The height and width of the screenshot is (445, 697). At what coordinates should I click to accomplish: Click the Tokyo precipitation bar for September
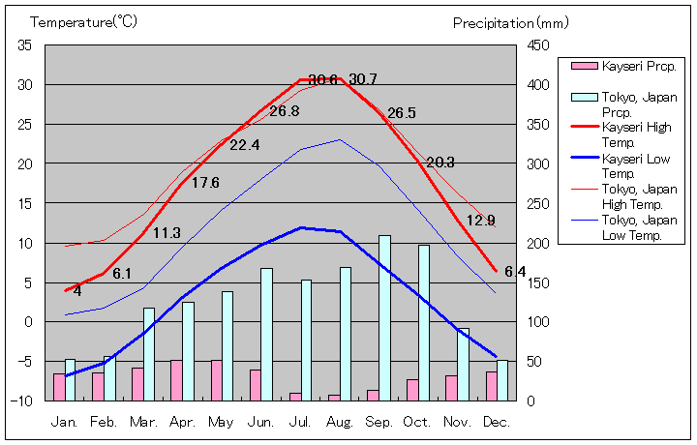coord(384,317)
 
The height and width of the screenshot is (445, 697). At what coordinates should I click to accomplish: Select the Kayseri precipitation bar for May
coord(216,380)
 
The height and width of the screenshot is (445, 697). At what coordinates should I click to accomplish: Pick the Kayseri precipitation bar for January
coord(59,387)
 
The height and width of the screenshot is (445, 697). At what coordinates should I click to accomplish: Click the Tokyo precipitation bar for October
coord(424,322)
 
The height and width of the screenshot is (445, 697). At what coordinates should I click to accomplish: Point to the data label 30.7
coord(363,79)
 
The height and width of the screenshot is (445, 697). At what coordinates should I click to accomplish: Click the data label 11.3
coord(167,233)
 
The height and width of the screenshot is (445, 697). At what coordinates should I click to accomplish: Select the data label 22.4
coord(244,145)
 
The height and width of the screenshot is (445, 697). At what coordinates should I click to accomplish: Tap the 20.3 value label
coord(440,163)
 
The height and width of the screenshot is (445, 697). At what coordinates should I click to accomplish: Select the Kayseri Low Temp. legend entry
coord(636,165)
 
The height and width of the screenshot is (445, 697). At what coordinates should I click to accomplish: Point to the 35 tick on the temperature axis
coord(25,45)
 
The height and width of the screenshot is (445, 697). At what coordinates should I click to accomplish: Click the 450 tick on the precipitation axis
coord(539,45)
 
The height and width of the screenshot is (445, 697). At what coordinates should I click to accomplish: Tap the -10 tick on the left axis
coord(22,400)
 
